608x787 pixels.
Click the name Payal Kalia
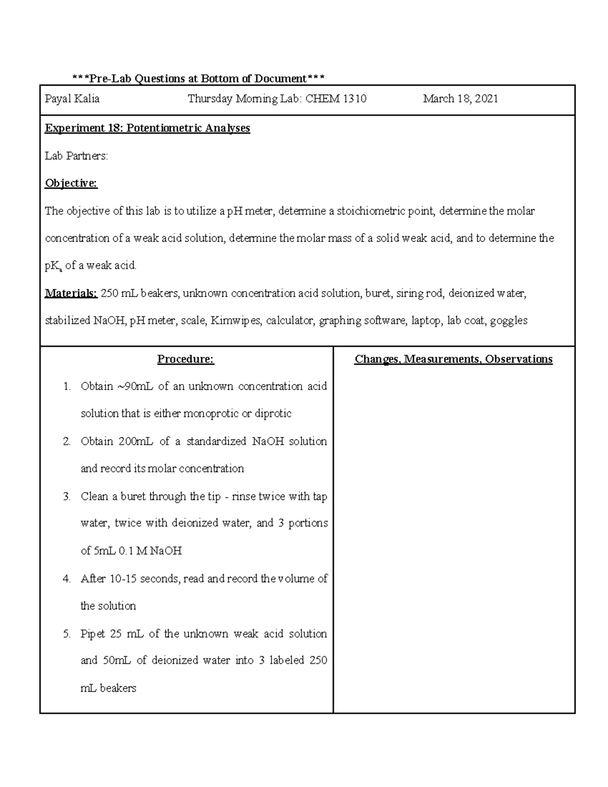[x=72, y=99]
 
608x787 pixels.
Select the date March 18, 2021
[x=461, y=99]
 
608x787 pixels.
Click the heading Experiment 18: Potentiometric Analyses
[x=147, y=128]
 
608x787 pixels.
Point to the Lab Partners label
[x=77, y=156]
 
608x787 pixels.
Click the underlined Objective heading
[x=71, y=183]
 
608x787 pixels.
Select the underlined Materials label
[x=71, y=293]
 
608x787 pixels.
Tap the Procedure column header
[x=185, y=359]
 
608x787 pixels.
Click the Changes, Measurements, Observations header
[x=453, y=359]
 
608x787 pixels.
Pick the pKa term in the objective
[x=53, y=266]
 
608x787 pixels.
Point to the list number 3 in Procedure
[x=66, y=497]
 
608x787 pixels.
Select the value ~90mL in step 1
[x=135, y=387]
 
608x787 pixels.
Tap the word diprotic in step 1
[x=273, y=414]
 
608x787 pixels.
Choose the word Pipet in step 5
[x=93, y=634]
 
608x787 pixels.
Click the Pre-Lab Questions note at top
[x=198, y=79]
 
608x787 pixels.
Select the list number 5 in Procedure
[x=66, y=634]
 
